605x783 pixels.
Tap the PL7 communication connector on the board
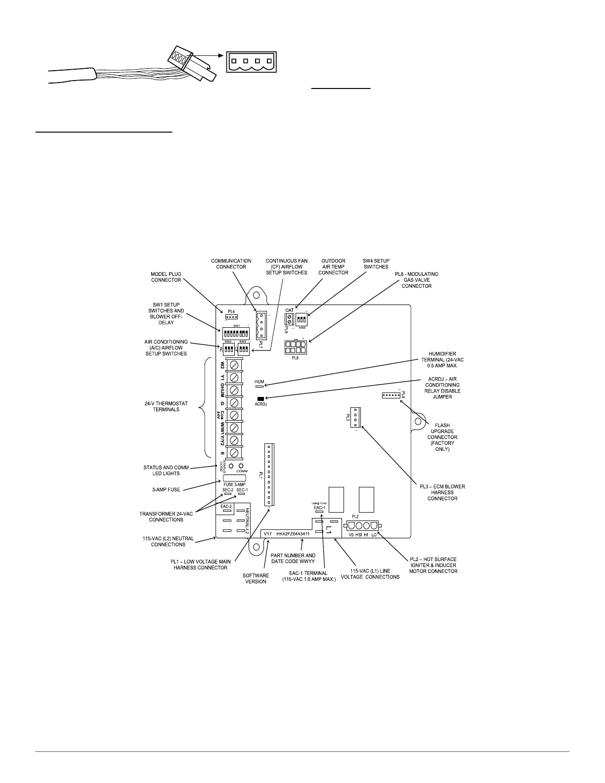(x=260, y=325)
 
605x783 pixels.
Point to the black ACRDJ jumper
(x=260, y=398)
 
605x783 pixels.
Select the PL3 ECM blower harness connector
(x=357, y=417)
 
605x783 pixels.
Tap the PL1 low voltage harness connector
(x=269, y=475)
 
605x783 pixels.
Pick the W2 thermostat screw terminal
(x=236, y=365)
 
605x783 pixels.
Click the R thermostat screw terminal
(x=236, y=452)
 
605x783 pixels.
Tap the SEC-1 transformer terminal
(x=242, y=493)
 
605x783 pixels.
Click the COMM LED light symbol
(x=241, y=466)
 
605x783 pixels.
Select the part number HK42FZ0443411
(x=293, y=534)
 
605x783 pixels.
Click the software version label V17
(x=267, y=534)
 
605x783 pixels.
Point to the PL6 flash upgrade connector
(x=391, y=395)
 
